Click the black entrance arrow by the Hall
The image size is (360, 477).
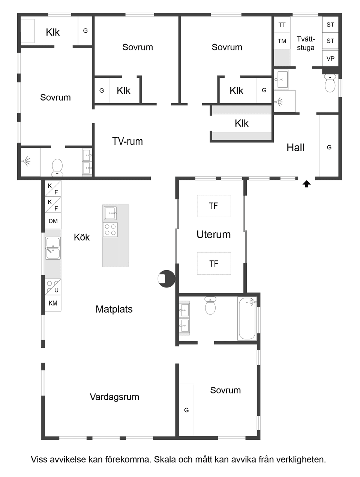(307, 184)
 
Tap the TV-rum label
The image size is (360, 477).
(127, 141)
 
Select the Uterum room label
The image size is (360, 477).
(213, 235)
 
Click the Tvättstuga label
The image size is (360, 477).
(306, 43)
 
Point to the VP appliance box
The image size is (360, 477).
(330, 58)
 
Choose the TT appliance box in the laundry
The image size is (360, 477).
(282, 25)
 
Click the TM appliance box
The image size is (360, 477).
(282, 41)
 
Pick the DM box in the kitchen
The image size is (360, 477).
(53, 221)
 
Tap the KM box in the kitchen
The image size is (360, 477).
(53, 303)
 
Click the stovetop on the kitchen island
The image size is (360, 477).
(110, 229)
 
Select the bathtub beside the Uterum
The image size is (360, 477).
(247, 318)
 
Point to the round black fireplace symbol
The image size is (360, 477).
(166, 279)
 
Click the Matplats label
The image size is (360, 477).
(114, 309)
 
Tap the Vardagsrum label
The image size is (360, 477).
(114, 397)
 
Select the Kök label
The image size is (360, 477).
(82, 237)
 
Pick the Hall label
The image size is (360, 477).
(295, 147)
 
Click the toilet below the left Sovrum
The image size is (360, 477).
(57, 167)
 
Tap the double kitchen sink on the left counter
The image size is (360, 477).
(53, 248)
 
